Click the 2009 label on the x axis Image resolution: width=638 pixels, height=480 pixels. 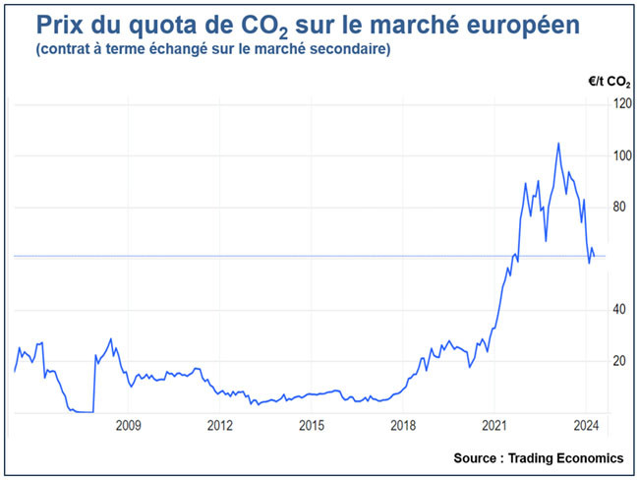point(128,426)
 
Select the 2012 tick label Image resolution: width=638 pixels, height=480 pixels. point(219,426)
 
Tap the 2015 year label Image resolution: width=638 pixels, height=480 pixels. point(311,426)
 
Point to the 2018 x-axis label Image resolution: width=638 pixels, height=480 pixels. point(402,426)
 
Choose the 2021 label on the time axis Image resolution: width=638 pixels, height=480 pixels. point(494,426)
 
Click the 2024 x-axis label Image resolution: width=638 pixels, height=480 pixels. point(585,426)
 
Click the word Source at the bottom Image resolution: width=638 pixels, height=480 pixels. point(479,458)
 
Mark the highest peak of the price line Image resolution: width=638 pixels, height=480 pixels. point(558,143)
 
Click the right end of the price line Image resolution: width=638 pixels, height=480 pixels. point(594,257)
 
